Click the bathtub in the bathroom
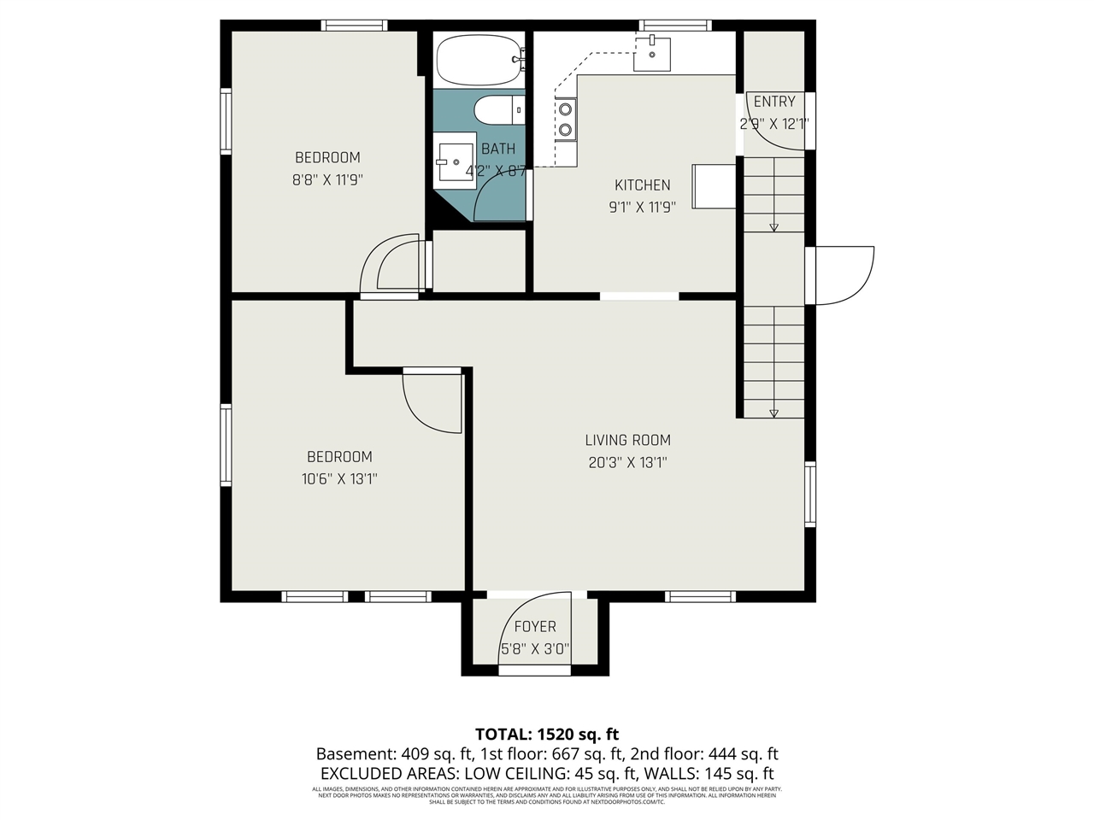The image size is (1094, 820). pyautogui.click(x=479, y=59)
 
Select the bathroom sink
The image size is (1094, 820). pyautogui.click(x=454, y=159)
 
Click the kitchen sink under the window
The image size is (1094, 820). pyautogui.click(x=651, y=54)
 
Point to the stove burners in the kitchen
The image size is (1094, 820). pyautogui.click(x=566, y=119)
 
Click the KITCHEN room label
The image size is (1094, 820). pyautogui.click(x=643, y=184)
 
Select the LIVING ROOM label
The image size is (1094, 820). pyautogui.click(x=627, y=440)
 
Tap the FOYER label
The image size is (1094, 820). pyautogui.click(x=535, y=626)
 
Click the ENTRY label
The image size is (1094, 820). pyautogui.click(x=773, y=101)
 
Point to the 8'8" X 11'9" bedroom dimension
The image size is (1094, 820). pyautogui.click(x=327, y=179)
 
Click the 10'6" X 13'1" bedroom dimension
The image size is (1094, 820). pyautogui.click(x=339, y=478)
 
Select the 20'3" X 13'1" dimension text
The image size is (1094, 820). pyautogui.click(x=627, y=462)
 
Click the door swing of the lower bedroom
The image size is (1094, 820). pyautogui.click(x=429, y=406)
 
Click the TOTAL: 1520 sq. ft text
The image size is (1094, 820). pyautogui.click(x=547, y=734)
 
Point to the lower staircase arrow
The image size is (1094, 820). pyautogui.click(x=773, y=413)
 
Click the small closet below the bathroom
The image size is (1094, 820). pyautogui.click(x=479, y=261)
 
